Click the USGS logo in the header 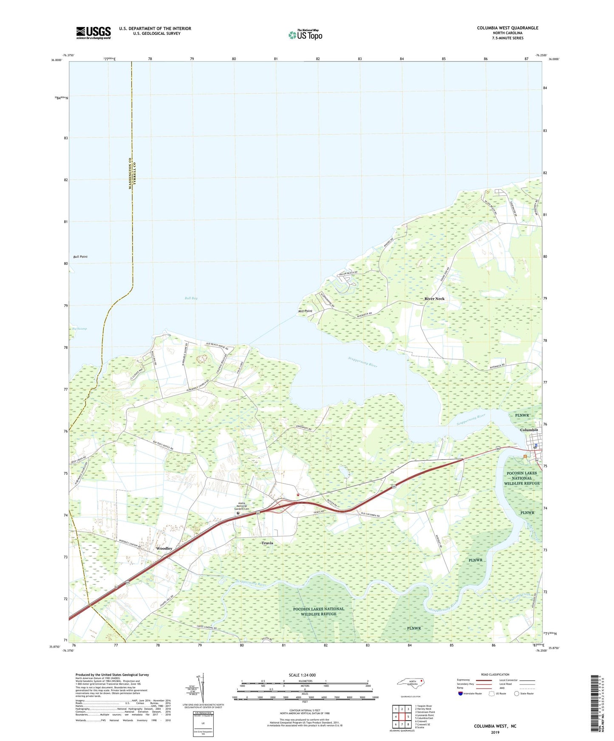point(93,32)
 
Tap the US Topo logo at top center point(305,35)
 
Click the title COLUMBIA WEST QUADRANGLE point(507,28)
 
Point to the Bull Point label point(80,257)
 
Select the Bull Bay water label point(191,298)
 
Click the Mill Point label point(305,311)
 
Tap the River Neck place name point(434,299)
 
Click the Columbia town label point(529,430)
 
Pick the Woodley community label point(164,548)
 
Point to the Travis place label point(267,543)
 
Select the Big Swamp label point(79,329)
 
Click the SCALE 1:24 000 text point(302,675)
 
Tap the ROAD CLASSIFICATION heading point(495,674)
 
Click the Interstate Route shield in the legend point(461,693)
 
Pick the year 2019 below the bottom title point(495,732)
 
